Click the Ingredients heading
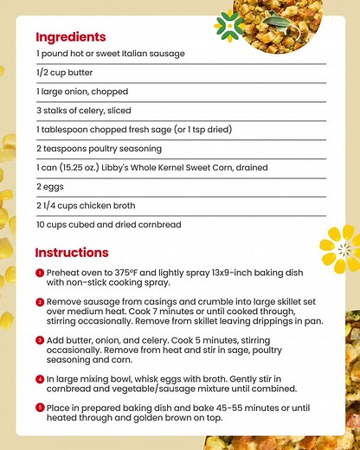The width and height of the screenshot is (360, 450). tap(71, 37)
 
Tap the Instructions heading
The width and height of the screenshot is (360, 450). tap(72, 253)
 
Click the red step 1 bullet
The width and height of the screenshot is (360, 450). tap(39, 272)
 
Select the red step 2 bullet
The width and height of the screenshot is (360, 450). tap(39, 302)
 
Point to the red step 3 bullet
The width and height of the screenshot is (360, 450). tap(39, 340)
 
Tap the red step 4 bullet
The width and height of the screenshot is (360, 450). tap(39, 378)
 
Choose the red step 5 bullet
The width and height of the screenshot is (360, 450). tap(39, 407)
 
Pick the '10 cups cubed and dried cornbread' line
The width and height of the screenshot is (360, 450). tap(108, 224)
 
